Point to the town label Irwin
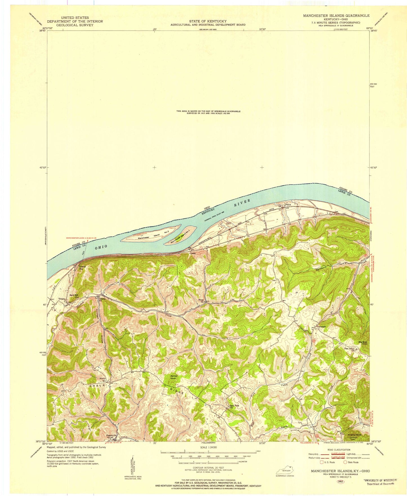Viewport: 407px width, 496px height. [193, 253]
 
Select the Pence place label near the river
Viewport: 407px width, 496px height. [288, 205]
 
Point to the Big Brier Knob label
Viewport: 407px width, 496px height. [363, 343]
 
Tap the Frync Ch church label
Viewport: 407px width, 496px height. [201, 300]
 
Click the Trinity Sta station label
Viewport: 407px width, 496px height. [82, 267]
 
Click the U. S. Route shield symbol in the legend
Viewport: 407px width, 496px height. [322, 462]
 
